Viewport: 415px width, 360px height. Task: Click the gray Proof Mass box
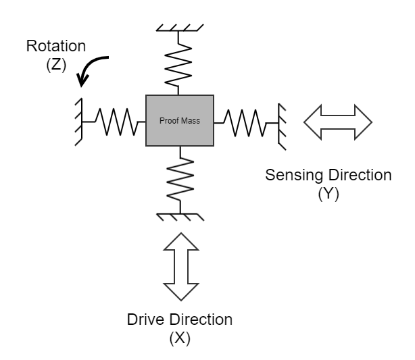coord(179,121)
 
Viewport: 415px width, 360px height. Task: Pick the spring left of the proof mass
coord(112,122)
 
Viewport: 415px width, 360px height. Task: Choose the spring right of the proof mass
coord(246,122)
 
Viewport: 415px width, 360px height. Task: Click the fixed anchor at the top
coord(179,28)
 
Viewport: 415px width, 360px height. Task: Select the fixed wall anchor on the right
coord(281,122)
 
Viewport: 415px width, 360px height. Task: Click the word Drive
coord(145,319)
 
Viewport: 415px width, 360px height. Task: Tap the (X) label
coord(179,337)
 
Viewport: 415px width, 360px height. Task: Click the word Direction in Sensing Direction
coord(358,175)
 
